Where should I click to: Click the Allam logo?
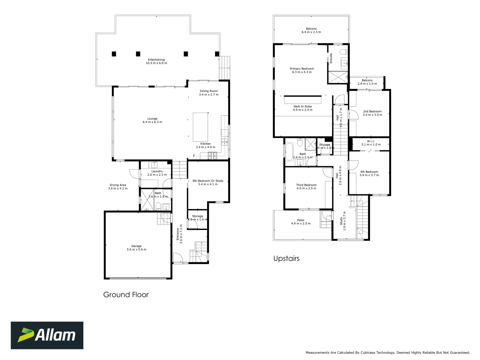coord(47,335)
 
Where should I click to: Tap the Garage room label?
coord(136,248)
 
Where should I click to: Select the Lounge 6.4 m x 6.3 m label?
coord(152,120)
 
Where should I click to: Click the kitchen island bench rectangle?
coord(200,127)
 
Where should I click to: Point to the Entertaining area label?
coord(156,61)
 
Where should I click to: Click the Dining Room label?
coord(209,93)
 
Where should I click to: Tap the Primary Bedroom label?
coord(302,70)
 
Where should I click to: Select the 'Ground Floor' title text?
coord(126,295)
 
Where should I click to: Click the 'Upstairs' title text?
coord(286,259)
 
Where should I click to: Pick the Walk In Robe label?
coord(303,108)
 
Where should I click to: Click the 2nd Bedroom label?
coord(372,113)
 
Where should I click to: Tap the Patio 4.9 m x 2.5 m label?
coord(301,222)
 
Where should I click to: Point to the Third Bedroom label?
coord(306,187)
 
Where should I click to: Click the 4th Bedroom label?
coord(369,173)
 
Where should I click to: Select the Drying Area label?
coord(118,187)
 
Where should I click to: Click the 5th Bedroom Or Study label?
coord(208,182)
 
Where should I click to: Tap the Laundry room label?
coord(157,173)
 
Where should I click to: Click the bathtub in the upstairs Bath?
coord(289,152)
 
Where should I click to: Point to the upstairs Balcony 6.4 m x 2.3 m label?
coord(311,30)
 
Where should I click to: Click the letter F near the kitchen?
coord(194,156)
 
